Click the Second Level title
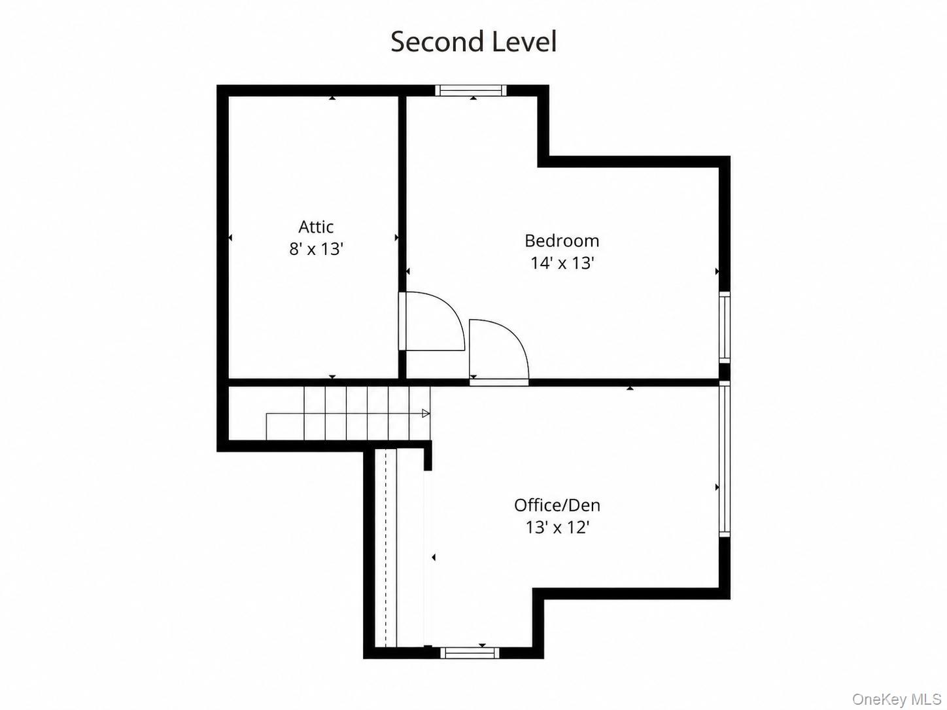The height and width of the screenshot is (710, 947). click(473, 42)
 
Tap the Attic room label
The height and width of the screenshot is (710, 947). click(316, 227)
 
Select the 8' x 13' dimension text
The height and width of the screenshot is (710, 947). click(316, 249)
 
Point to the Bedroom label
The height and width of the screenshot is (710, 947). click(562, 241)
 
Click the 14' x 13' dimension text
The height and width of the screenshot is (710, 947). click(562, 263)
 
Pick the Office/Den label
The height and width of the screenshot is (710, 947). click(557, 505)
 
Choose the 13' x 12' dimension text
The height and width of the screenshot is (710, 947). click(557, 527)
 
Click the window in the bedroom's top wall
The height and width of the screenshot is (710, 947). click(471, 90)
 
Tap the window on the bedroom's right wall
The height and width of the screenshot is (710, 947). click(725, 327)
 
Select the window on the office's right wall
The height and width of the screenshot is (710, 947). click(725, 459)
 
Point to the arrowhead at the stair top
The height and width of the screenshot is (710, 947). click(426, 414)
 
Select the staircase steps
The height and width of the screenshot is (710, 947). click(348, 413)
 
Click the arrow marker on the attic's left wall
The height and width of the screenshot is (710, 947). click(230, 238)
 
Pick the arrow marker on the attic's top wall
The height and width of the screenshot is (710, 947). click(332, 98)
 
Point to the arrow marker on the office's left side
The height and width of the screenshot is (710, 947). click(434, 558)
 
